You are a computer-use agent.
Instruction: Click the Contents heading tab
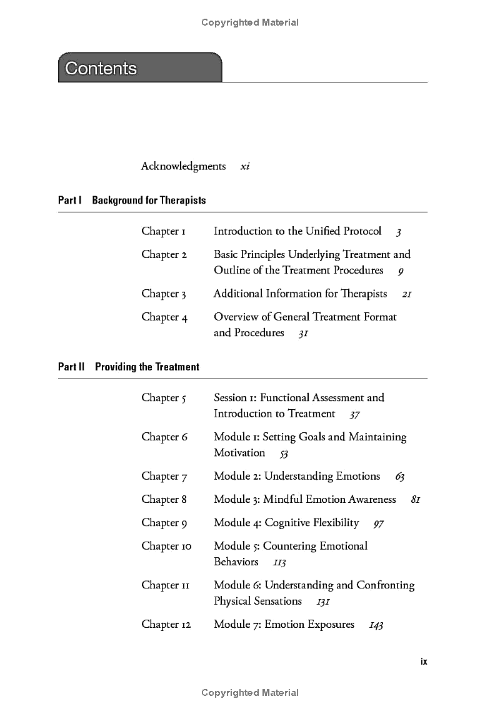(139, 67)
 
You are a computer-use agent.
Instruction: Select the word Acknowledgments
(183, 166)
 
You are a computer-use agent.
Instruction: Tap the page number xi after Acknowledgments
(245, 167)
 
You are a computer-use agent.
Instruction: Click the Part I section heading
(132, 201)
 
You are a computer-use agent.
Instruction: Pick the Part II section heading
(129, 367)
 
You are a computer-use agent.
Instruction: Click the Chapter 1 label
(163, 231)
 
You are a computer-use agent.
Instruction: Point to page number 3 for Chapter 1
(399, 232)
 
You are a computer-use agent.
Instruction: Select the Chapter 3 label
(164, 294)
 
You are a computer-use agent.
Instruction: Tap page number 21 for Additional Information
(407, 294)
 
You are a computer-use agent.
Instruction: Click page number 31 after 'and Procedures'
(303, 334)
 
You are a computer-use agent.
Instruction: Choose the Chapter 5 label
(164, 398)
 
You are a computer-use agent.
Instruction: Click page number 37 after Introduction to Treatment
(354, 414)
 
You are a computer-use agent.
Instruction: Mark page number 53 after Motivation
(284, 454)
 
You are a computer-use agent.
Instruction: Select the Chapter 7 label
(164, 477)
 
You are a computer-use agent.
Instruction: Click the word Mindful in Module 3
(282, 499)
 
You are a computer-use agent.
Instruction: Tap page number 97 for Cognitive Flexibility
(378, 523)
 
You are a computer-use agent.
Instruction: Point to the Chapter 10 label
(166, 546)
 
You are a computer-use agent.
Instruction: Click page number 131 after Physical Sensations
(323, 602)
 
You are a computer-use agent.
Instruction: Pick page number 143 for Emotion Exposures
(376, 625)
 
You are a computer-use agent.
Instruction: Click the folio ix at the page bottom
(424, 662)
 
